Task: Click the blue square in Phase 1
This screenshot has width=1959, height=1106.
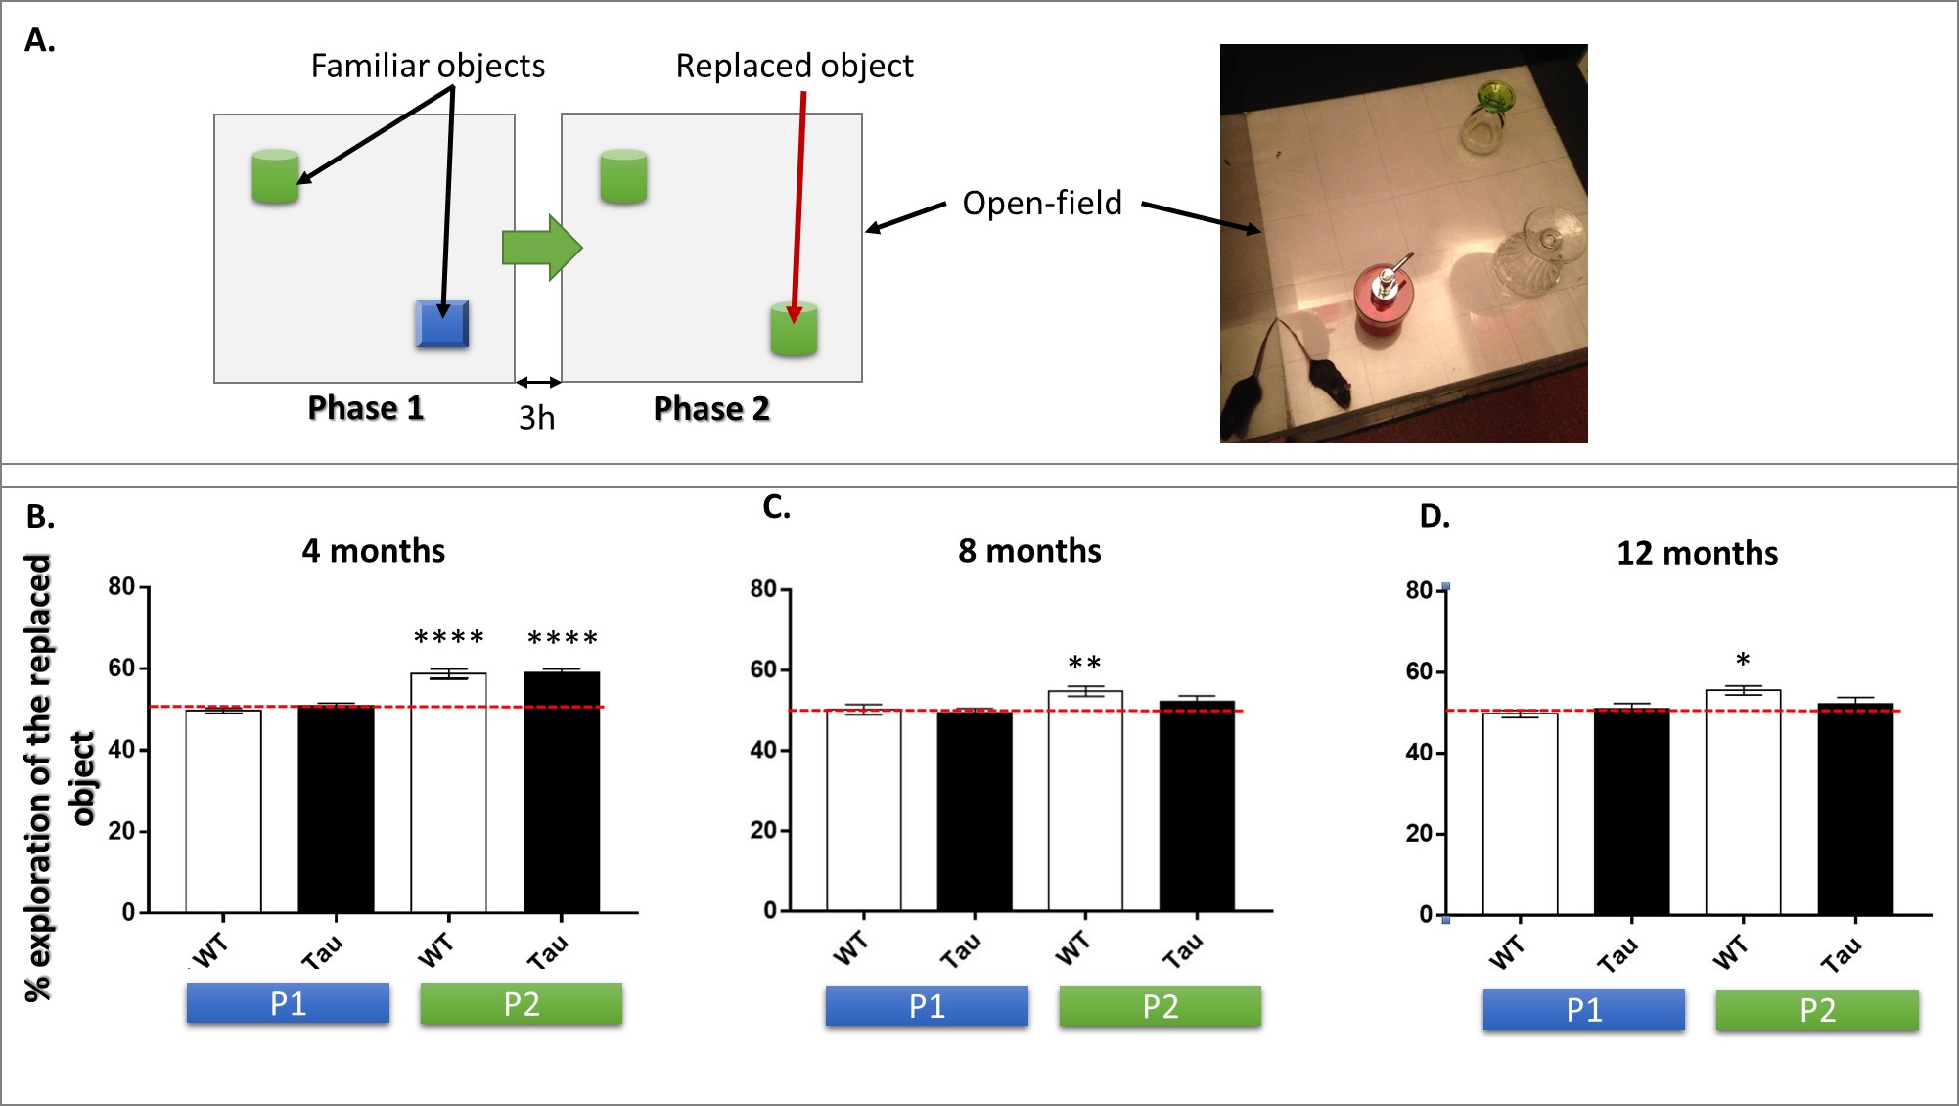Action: coord(442,324)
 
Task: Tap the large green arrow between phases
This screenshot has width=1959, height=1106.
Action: coord(541,248)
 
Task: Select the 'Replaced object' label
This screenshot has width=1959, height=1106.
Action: coord(794,66)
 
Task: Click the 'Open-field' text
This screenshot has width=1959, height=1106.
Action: coord(1041,203)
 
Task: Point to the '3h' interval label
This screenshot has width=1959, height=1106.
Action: coord(536,418)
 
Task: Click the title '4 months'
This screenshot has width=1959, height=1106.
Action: coord(373,551)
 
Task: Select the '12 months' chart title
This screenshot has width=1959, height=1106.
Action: coord(1697,553)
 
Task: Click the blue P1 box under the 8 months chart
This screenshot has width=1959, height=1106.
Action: coord(926,1006)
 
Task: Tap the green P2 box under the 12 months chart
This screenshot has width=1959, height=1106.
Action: coord(1816,1010)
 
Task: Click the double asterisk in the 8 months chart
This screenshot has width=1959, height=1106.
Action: coord(1084,663)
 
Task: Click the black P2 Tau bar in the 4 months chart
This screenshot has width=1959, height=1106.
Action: coord(562,793)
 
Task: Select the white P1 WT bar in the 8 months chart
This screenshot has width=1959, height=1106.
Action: coord(863,810)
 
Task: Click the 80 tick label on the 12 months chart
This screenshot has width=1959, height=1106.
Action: coord(1419,590)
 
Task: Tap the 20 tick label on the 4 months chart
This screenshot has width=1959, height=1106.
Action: coord(121,831)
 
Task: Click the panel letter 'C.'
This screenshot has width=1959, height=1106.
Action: coord(776,507)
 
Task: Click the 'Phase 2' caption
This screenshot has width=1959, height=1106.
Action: coord(711,408)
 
